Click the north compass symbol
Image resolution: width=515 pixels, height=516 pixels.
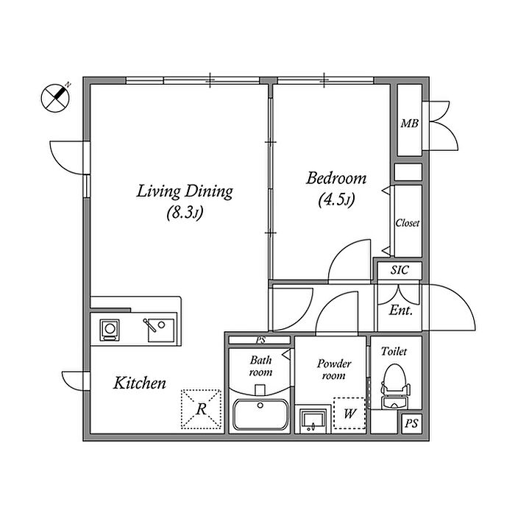[55, 98]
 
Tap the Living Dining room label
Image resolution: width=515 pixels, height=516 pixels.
[185, 191]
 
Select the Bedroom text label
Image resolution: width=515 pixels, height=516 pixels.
[336, 178]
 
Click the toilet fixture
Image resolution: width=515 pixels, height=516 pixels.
[396, 386]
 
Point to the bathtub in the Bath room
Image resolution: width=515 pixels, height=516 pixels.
[260, 414]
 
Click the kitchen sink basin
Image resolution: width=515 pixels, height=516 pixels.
[161, 330]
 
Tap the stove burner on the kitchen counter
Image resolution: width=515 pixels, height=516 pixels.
[110, 330]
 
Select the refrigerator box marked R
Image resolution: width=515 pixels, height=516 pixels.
[201, 409]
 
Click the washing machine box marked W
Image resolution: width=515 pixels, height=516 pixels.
[349, 413]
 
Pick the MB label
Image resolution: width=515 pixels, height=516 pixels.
[410, 124]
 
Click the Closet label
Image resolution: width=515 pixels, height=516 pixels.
[408, 223]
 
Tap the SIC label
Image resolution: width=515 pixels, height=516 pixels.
[399, 270]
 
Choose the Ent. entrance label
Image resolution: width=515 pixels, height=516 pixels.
[400, 310]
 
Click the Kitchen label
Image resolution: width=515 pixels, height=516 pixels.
[140, 383]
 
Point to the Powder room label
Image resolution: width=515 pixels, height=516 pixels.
[334, 370]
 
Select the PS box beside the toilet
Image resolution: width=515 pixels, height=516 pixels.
[411, 423]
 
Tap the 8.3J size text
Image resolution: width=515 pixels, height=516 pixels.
[185, 213]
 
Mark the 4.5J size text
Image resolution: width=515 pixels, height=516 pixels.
[336, 200]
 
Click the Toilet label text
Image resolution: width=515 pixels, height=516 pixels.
[394, 351]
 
